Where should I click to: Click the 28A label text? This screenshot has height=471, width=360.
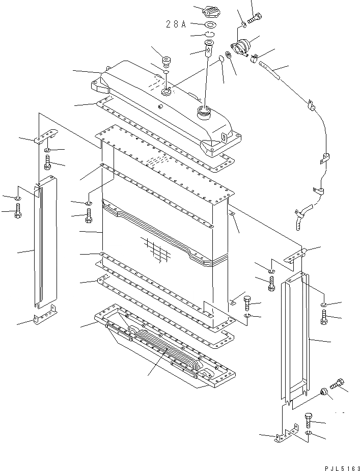pos(176,24)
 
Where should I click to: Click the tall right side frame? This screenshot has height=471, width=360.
pos(295,336)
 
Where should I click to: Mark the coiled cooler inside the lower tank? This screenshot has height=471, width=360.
pos(173,351)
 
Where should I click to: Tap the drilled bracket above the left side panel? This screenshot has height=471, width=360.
pos(45,136)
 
